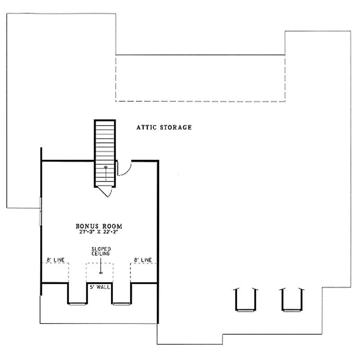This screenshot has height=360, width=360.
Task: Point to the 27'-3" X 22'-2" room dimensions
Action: pyautogui.click(x=99, y=232)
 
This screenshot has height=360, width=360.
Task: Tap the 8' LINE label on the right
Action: pyautogui.click(x=143, y=260)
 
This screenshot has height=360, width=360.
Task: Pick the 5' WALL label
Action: pyautogui.click(x=99, y=287)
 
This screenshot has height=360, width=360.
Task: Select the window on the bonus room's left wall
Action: pyautogui.click(x=41, y=211)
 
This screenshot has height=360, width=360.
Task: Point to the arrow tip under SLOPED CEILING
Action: pyautogui.click(x=101, y=273)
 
